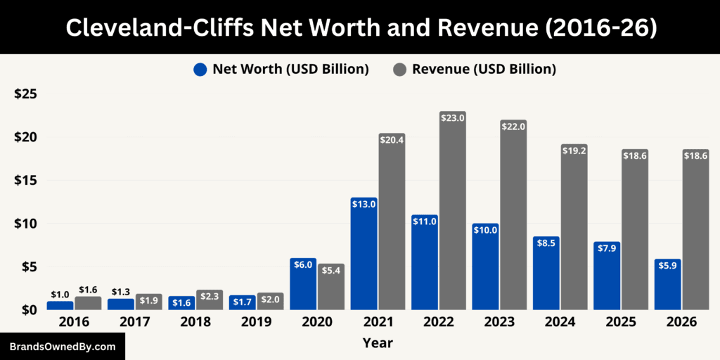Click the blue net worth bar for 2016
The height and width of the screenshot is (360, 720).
(x=60, y=305)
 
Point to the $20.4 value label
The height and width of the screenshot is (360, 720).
(x=392, y=140)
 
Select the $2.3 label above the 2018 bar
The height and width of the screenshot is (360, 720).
(x=210, y=297)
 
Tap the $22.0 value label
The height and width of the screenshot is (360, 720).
(x=513, y=126)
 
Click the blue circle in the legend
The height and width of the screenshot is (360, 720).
(x=200, y=70)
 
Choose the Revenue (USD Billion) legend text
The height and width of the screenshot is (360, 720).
(x=484, y=69)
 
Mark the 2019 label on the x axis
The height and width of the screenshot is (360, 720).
(x=256, y=322)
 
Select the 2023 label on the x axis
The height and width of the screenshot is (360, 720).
(x=499, y=322)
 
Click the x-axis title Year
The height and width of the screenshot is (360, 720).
(x=378, y=343)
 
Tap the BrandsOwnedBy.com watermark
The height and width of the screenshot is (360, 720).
(x=62, y=347)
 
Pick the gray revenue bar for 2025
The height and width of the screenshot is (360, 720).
(x=634, y=232)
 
